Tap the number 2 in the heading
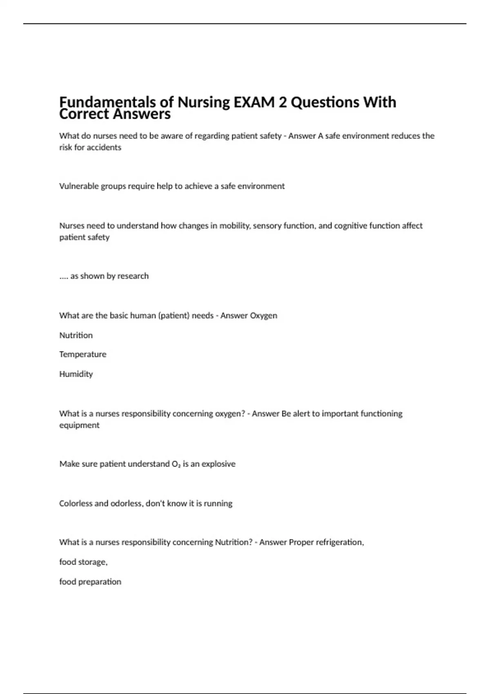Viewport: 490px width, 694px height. click(x=283, y=102)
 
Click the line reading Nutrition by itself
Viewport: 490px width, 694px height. click(x=76, y=335)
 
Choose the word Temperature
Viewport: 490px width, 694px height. click(x=82, y=354)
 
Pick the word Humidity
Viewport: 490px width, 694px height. click(x=76, y=374)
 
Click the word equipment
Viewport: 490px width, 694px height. click(x=79, y=425)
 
